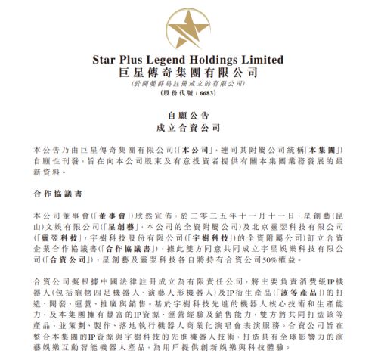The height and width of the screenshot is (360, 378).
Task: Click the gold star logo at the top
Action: coord(188,25)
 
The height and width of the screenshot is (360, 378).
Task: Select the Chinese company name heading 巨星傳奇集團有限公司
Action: coord(188,73)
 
